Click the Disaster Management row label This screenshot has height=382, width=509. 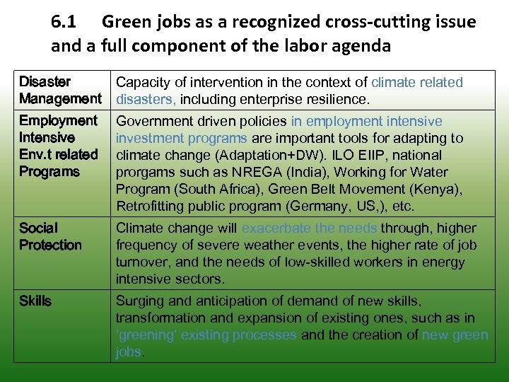[60, 91]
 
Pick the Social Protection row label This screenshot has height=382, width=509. [50, 236]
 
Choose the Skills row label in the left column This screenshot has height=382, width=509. [35, 301]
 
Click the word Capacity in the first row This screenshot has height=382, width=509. [142, 82]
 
